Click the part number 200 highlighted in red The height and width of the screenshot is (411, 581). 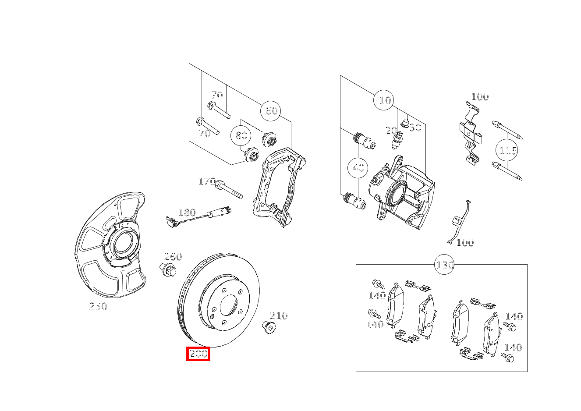click(198, 354)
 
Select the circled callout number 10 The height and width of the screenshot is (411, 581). click(384, 101)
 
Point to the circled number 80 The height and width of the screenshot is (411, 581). click(241, 135)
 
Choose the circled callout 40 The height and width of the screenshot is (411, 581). click(358, 168)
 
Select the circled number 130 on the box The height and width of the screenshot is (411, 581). click(444, 265)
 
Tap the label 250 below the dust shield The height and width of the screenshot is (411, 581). click(98, 306)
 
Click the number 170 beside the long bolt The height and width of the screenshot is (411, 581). click(206, 181)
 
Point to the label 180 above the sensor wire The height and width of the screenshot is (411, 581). click(187, 213)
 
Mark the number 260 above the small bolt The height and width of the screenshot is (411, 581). click(173, 257)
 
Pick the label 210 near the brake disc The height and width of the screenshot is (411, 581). click(278, 315)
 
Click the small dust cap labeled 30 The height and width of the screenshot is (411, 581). click(405, 122)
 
